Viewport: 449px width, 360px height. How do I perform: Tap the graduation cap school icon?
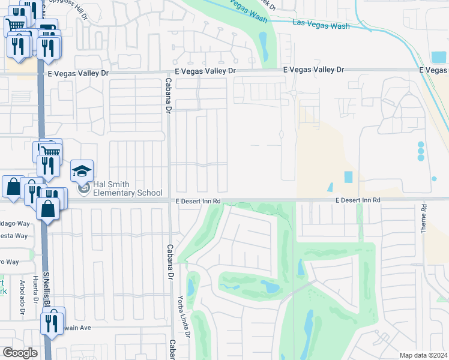[x=82, y=171]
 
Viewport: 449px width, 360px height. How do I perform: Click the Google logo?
[x=20, y=353]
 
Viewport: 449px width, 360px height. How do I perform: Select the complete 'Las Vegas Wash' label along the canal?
[x=321, y=26]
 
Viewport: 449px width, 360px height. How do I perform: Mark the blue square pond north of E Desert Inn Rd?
[x=349, y=178]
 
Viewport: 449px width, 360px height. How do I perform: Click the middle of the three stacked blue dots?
[x=420, y=151]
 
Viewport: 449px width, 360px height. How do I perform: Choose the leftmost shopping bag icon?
[x=13, y=187]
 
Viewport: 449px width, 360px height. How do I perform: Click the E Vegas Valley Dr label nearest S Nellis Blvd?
[x=78, y=73]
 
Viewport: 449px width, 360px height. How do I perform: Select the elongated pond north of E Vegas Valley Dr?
[x=263, y=44]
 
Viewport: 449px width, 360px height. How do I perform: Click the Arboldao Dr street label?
[x=22, y=303]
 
